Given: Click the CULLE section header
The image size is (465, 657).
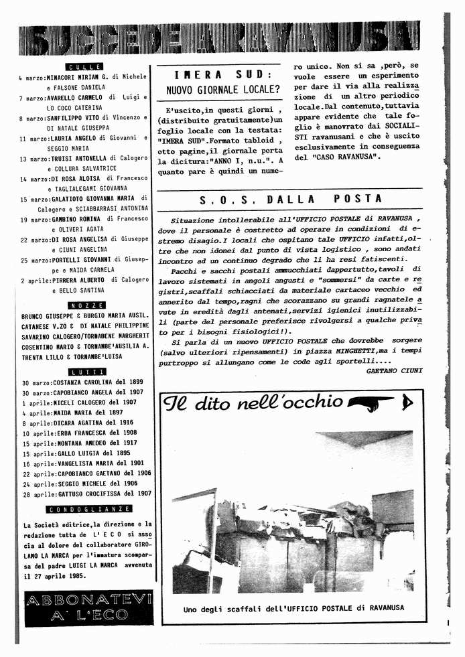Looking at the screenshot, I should tap(84, 66).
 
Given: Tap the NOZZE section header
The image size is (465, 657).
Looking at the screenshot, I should tap(86, 305).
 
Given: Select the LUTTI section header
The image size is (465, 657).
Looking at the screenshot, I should tap(86, 372).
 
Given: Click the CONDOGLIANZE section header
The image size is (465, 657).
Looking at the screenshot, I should tap(86, 509).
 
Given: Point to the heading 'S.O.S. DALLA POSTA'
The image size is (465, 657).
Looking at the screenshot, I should tap(291, 199).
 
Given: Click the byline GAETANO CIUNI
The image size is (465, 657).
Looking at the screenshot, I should tap(395, 370).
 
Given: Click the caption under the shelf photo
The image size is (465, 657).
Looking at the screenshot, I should tap(293, 609).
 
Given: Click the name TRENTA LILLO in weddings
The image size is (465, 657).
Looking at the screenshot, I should tap(43, 358).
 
